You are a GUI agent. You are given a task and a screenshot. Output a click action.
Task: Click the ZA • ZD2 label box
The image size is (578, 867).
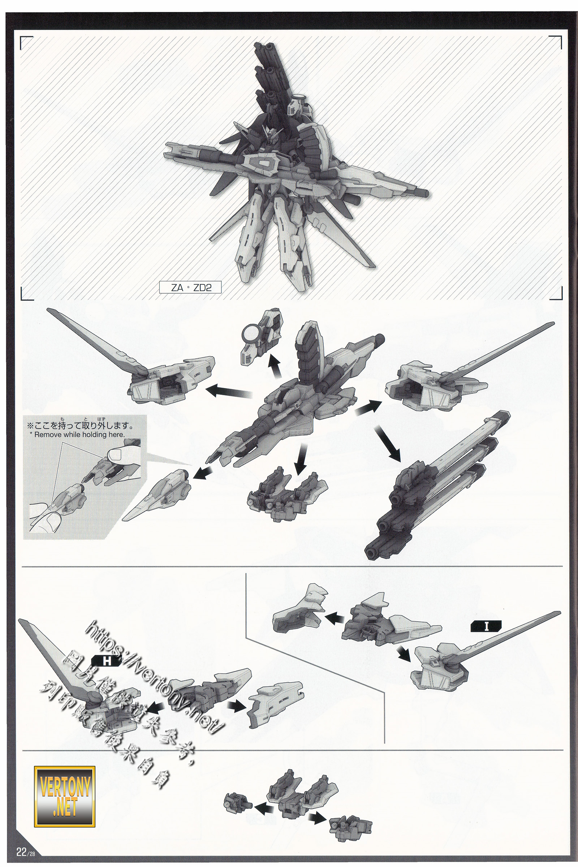[190, 288]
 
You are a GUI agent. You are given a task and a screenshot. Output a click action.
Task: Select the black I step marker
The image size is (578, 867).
[486, 626]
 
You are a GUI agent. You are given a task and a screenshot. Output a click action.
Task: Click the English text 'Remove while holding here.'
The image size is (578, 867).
[79, 435]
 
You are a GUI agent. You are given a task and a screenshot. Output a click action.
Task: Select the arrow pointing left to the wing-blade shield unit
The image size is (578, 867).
[229, 392]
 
